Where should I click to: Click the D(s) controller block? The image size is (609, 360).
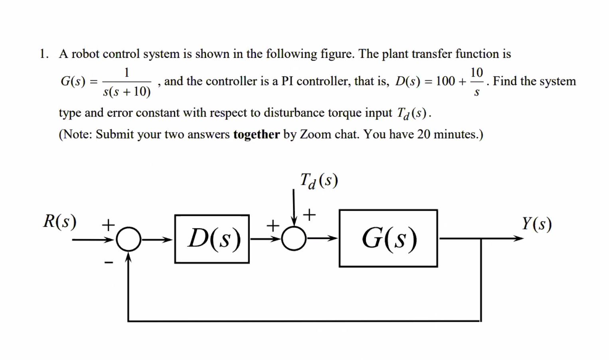coord(212,239)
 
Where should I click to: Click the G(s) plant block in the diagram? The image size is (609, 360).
coord(388,238)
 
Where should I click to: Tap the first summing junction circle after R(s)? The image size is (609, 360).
coord(129,239)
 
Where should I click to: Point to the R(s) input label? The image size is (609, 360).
coord(60,221)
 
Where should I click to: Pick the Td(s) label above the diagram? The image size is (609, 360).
coord(319,180)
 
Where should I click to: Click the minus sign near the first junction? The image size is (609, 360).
coord(109,263)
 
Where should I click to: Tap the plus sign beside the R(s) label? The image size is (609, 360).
coord(108,224)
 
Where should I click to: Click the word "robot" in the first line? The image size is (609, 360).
coord(85,54)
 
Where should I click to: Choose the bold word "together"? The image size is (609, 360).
coord(256,135)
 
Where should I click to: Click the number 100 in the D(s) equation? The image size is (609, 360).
coord(445,81)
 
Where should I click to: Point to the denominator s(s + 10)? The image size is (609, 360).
coord(127,92)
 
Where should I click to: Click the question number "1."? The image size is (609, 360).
coord(44,54)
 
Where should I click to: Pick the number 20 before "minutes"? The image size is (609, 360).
coord(423,135)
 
